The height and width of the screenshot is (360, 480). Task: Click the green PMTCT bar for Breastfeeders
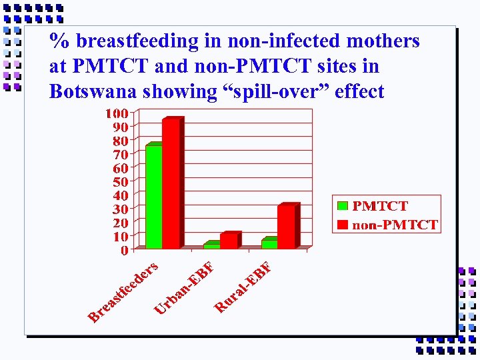coord(153,197)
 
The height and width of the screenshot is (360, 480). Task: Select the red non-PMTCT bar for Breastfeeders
coord(171,184)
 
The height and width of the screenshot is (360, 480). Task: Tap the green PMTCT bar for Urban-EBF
coord(211,246)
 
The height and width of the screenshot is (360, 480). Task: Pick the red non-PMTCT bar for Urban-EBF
coord(229,241)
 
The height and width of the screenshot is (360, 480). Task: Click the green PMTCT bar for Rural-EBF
coord(269,244)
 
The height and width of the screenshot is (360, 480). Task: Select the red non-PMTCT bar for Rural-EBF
coord(287,227)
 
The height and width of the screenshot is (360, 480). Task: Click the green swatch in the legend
coord(343,206)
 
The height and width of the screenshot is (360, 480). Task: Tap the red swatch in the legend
coord(343,224)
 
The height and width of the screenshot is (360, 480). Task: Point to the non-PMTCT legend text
coord(395,225)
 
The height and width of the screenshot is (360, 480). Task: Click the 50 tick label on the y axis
coord(120,182)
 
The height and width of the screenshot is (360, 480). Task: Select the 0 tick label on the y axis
coord(124,251)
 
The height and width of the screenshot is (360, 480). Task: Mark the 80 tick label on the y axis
coord(120,141)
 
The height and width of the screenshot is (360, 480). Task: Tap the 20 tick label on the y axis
coord(120,223)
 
